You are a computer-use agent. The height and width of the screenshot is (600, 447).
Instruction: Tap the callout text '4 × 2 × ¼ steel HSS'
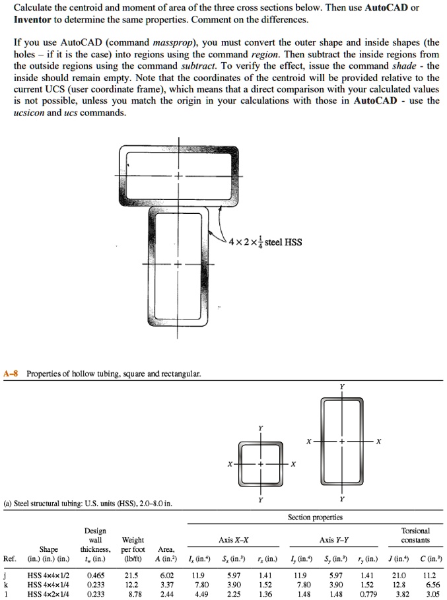coord(264,242)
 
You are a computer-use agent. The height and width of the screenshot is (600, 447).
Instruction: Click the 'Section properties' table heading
coord(315,517)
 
